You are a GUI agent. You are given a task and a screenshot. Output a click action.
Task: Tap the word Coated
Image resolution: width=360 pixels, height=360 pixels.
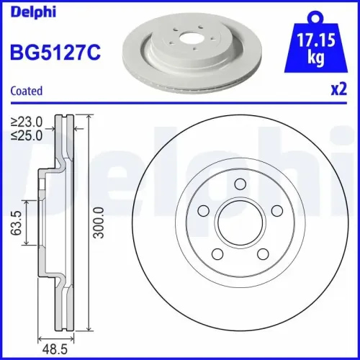(26, 91)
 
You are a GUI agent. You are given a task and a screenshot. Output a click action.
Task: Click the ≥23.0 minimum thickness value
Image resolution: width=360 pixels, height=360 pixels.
(26, 122)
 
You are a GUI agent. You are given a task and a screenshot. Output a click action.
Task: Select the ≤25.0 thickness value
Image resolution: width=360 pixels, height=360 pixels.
(26, 134)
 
